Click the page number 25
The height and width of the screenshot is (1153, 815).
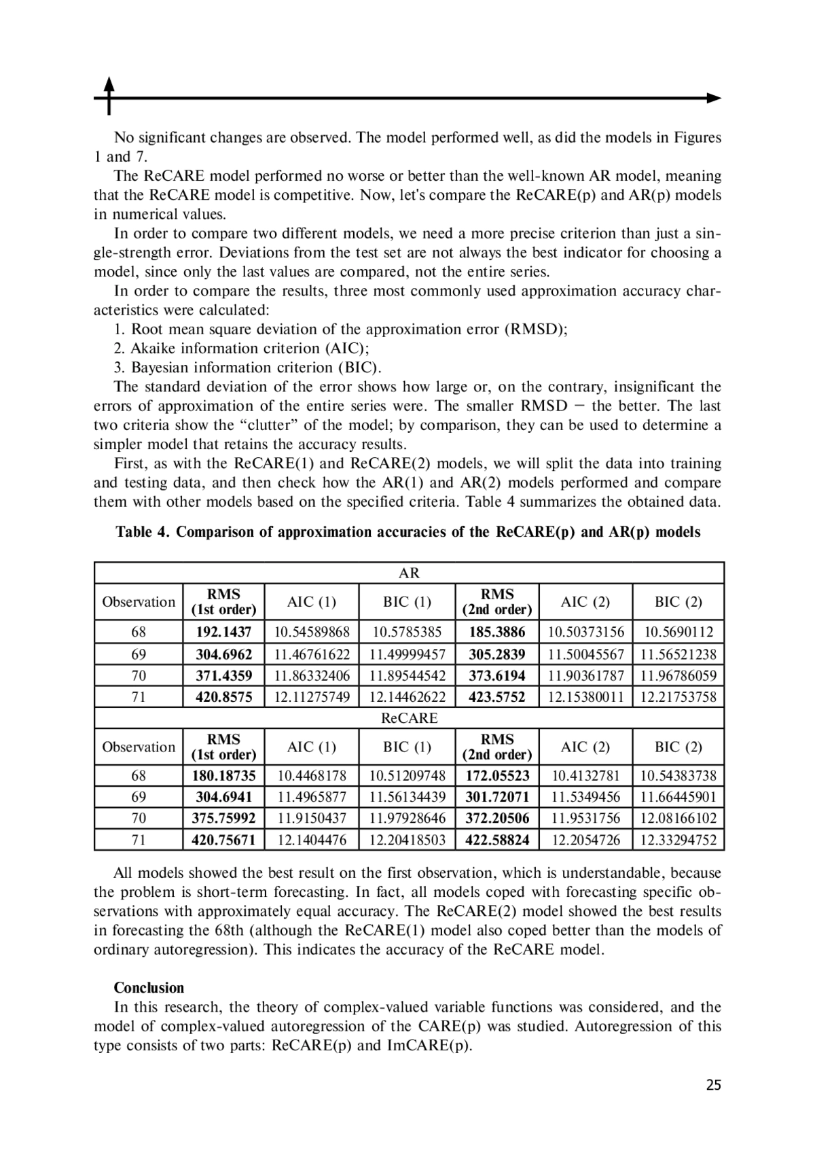point(713,1084)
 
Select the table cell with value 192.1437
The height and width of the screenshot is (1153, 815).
point(223,632)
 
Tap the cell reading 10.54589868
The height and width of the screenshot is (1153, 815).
point(312,632)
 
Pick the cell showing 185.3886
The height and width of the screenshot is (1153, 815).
point(497,632)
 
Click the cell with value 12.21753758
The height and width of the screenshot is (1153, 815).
point(678,696)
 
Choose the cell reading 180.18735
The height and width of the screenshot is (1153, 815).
point(223,775)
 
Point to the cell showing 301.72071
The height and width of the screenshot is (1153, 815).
point(497,796)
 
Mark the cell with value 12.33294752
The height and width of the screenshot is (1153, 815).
point(678,840)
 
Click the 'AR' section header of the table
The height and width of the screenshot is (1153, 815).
point(409,573)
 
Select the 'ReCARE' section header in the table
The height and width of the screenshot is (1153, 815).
point(409,717)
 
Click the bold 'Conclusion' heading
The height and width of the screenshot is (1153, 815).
point(149,987)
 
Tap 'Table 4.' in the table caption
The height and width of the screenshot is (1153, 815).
point(143,531)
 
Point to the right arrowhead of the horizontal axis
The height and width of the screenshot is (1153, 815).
point(714,98)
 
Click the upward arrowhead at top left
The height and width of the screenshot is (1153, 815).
point(109,83)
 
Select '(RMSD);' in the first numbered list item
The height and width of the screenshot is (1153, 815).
point(535,330)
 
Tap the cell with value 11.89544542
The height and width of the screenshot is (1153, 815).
point(407,675)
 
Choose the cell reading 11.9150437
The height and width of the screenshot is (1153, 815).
point(312,818)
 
